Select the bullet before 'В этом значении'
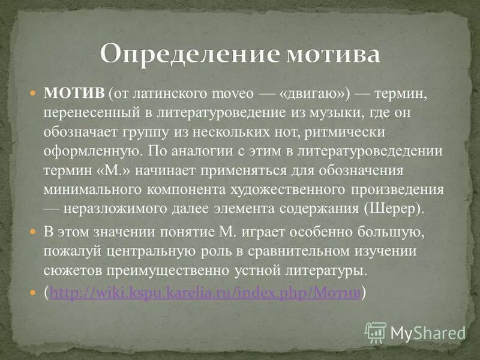coord(34,232)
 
